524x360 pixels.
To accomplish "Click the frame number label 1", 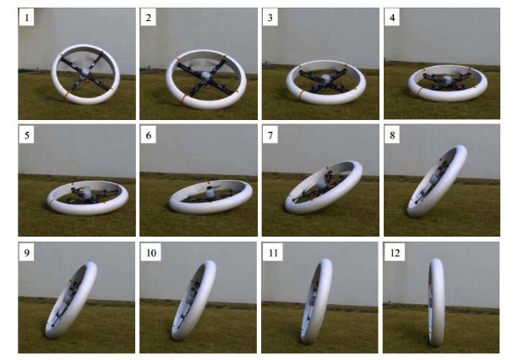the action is tap(26, 18).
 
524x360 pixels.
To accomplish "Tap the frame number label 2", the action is tap(149, 18).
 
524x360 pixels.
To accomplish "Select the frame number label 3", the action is tap(270, 18).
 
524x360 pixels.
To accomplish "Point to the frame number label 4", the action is tap(392, 18).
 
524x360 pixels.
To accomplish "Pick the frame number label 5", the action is tap(26, 135).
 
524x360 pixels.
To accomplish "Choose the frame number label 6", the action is tap(149, 135).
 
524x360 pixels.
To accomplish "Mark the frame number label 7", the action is tap(270, 135).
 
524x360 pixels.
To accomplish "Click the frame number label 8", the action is tap(392, 135).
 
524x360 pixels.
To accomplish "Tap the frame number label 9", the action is tap(26, 253).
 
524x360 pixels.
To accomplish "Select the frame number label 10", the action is tap(150, 253).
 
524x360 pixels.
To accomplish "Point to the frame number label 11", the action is tap(273, 253).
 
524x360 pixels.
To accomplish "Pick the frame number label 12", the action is tap(395, 253).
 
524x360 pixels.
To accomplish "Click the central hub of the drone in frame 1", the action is tap(86, 72).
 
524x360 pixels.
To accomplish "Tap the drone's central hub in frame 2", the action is tap(206, 76).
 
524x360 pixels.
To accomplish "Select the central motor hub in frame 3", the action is tap(325, 79).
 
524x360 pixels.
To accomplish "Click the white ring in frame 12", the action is tap(436, 303).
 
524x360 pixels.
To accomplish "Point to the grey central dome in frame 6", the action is tap(210, 193).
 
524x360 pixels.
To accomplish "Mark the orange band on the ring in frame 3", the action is tap(301, 95).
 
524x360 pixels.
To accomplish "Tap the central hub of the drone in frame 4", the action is tap(446, 80).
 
